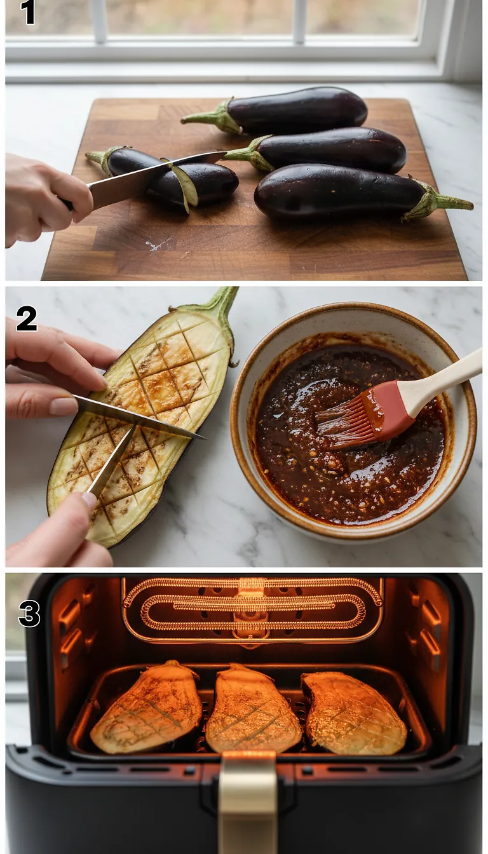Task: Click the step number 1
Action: point(28,12)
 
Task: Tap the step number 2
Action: point(27,318)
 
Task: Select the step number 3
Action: point(29,614)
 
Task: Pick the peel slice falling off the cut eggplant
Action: point(184,186)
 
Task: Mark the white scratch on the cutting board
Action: point(158,243)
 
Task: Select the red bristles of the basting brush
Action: point(346,422)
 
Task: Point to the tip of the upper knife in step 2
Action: point(202,437)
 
